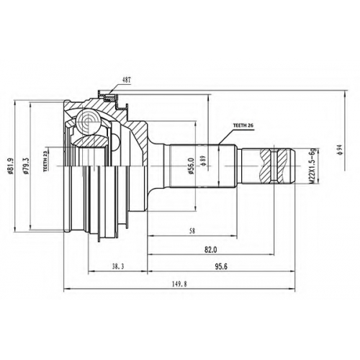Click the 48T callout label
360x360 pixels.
pyautogui.click(x=125, y=80)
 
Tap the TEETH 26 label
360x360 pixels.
pyautogui.click(x=243, y=125)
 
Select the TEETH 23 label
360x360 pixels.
pyautogui.click(x=45, y=163)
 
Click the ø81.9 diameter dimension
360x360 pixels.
pyautogui.click(x=9, y=166)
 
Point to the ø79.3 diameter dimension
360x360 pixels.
pyautogui.click(x=27, y=166)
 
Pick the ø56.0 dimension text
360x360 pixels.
pyautogui.click(x=192, y=166)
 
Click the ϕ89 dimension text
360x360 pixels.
pyautogui.click(x=203, y=161)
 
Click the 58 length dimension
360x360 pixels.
pyautogui.click(x=192, y=231)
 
